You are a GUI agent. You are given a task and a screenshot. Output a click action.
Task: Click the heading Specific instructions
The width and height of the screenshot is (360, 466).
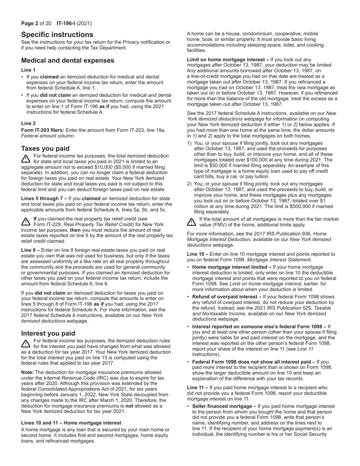click(x=57, y=34)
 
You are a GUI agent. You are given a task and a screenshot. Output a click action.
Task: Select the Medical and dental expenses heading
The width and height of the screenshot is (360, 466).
click(x=67, y=61)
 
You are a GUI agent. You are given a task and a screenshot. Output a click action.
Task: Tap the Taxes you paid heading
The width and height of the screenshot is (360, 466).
click(x=45, y=149)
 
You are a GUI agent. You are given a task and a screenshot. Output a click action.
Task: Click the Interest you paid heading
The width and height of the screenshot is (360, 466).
click(x=48, y=333)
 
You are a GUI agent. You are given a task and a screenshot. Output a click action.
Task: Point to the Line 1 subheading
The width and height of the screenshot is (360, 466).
click(x=28, y=70)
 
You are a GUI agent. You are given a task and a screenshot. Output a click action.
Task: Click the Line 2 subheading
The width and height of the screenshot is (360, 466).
click(x=28, y=124)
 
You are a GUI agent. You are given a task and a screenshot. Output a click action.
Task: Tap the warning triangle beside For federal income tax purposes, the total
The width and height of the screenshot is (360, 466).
click(x=26, y=158)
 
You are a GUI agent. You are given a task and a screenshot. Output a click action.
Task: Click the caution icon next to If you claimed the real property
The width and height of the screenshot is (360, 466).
click(x=26, y=221)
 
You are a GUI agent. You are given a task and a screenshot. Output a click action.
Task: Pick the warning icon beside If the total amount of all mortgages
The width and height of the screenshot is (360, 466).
click(x=191, y=222)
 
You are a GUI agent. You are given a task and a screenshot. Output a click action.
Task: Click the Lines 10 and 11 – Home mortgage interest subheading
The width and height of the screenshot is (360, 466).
click(x=71, y=423)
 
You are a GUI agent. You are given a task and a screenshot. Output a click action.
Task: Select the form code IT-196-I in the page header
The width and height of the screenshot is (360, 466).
click(x=66, y=23)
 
